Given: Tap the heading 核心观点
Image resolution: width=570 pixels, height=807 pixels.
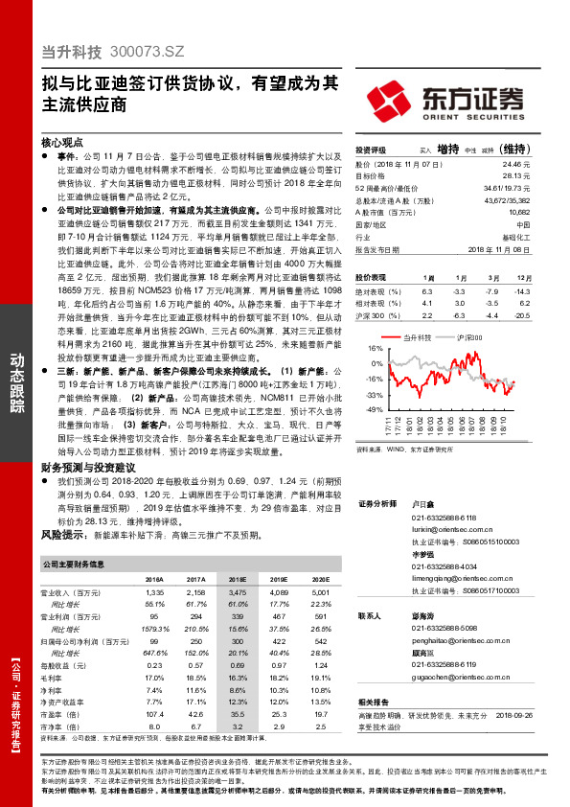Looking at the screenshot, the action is point(65,140).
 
